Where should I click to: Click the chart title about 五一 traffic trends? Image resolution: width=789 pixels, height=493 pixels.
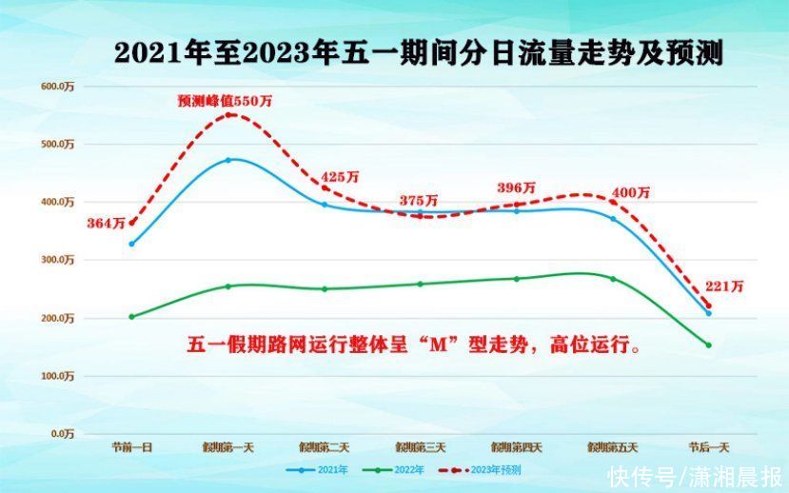click(x=419, y=53)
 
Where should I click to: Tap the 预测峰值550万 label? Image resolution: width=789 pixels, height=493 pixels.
click(x=225, y=100)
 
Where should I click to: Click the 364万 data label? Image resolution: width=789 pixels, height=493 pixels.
click(x=106, y=224)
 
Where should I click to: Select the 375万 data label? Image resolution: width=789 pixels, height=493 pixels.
click(x=419, y=201)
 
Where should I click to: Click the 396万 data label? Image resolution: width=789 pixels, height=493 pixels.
click(x=516, y=187)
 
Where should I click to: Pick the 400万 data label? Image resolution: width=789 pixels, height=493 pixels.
click(x=631, y=192)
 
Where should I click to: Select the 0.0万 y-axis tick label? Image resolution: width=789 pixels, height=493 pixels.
click(x=60, y=433)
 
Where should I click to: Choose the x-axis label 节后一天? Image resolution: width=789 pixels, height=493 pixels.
click(x=708, y=447)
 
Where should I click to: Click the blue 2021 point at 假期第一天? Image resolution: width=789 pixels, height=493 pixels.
click(x=228, y=160)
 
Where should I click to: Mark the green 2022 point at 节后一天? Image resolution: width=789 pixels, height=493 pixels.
click(x=708, y=345)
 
